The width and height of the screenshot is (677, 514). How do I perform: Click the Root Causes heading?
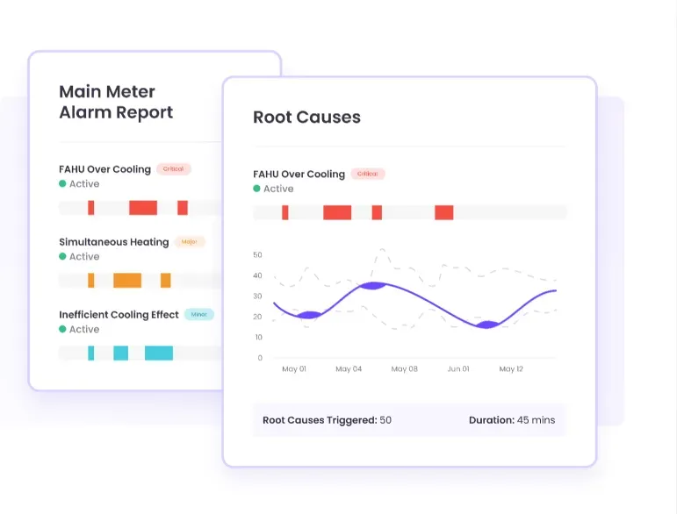click(x=306, y=118)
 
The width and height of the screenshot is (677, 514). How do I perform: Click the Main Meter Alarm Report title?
click(x=115, y=102)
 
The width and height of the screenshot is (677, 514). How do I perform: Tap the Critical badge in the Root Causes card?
click(x=368, y=174)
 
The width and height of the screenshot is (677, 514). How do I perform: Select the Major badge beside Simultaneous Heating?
click(x=189, y=241)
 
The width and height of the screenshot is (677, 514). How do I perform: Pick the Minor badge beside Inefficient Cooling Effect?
click(x=199, y=314)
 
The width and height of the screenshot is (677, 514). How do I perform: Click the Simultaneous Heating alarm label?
click(x=113, y=242)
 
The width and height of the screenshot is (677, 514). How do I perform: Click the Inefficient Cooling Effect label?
click(x=119, y=315)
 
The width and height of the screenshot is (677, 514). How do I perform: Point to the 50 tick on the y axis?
click(x=257, y=255)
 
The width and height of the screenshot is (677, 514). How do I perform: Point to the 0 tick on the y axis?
click(x=260, y=358)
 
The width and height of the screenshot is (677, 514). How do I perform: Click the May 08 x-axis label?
click(x=404, y=369)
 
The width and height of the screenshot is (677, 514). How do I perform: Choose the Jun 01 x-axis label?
click(x=457, y=369)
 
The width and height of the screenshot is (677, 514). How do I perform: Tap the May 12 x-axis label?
click(x=511, y=369)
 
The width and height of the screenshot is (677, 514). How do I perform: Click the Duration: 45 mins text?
click(x=512, y=420)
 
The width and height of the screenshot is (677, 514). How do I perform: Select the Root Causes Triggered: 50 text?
click(x=327, y=420)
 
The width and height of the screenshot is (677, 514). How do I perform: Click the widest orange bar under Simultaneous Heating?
click(x=127, y=281)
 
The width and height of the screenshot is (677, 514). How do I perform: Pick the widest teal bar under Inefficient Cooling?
click(x=159, y=353)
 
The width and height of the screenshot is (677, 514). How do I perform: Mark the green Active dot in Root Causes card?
click(x=257, y=189)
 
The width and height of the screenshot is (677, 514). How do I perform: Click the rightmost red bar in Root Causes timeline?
click(x=443, y=212)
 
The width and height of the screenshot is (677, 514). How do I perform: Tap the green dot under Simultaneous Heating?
click(x=63, y=257)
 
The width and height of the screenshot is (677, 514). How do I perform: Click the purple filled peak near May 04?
click(x=372, y=286)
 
